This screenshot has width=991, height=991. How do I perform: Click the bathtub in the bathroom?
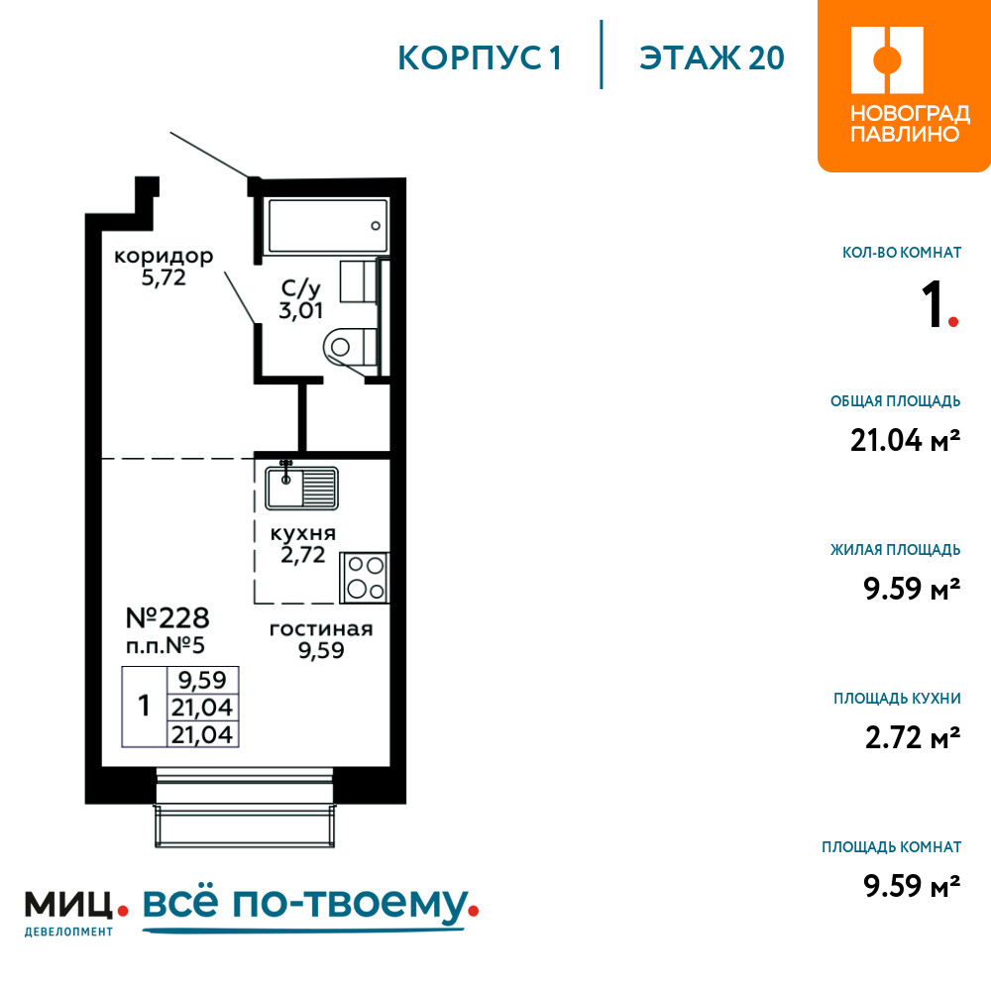click(x=327, y=226)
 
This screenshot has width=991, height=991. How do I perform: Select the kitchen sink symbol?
click(x=301, y=488)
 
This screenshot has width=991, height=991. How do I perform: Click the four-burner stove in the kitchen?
click(x=365, y=578)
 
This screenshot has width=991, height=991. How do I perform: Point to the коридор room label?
click(x=164, y=257)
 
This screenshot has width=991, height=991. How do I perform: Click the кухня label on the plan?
click(x=302, y=533)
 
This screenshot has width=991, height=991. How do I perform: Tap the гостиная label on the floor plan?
click(x=321, y=629)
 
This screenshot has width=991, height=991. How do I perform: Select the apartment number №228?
click(x=167, y=618)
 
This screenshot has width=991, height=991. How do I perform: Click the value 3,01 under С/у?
click(x=301, y=310)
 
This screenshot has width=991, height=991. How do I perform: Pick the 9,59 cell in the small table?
click(x=202, y=680)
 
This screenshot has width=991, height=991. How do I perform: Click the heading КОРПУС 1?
click(x=480, y=57)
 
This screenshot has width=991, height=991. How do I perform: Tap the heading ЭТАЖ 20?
click(x=712, y=57)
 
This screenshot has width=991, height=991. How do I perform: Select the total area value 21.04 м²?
click(x=905, y=441)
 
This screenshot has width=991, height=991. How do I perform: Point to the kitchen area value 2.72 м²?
click(x=913, y=737)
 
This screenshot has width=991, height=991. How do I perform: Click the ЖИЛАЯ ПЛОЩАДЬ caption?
click(x=896, y=550)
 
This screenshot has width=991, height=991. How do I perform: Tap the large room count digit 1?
click(x=933, y=304)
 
